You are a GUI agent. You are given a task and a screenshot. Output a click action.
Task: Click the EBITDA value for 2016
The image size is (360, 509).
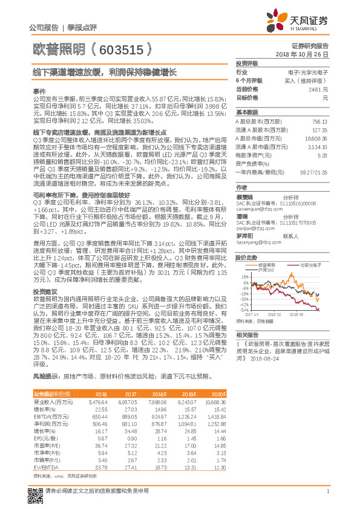pyautogui.click(x=98, y=417)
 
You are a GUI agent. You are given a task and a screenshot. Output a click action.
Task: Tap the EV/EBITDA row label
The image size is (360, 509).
pyautogui.click(x=45, y=467)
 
